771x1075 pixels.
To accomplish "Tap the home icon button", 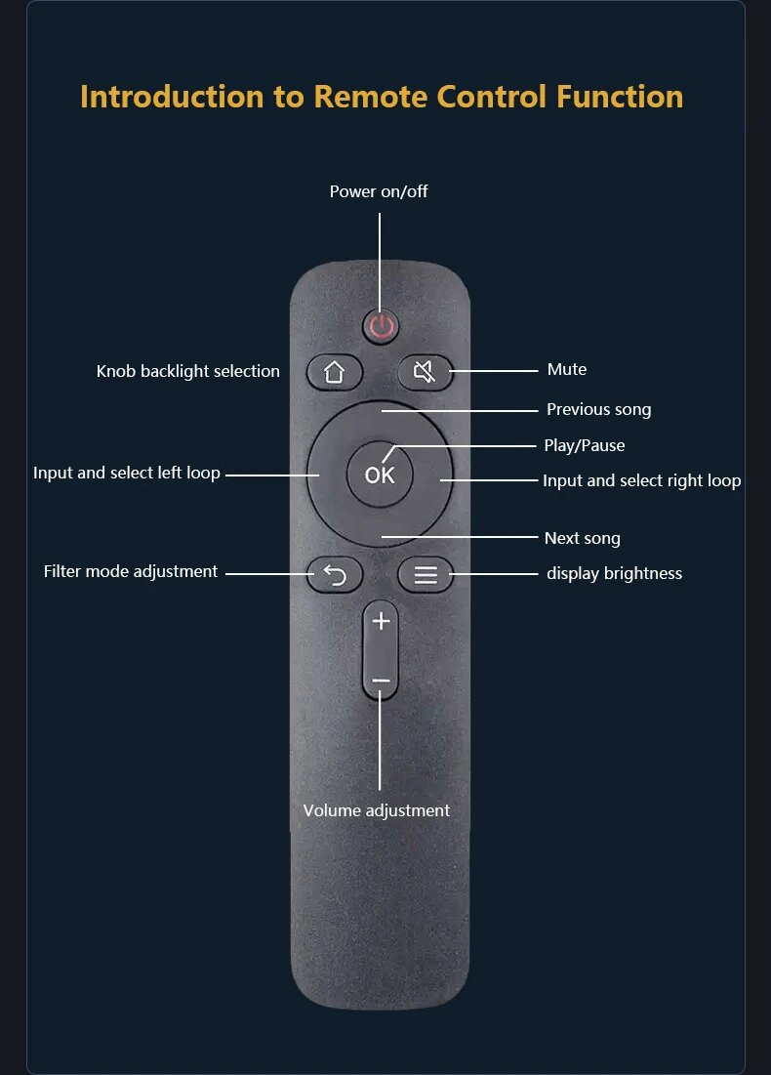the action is tap(335, 372).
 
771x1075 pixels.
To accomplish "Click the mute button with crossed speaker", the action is tap(425, 372).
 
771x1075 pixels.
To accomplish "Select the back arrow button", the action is tap(335, 575).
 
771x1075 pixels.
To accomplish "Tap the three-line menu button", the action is tap(426, 575).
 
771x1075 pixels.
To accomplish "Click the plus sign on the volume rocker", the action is tap(381, 622).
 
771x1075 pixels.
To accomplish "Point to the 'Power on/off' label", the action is tap(379, 191).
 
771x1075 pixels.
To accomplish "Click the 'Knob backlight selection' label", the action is tap(188, 371).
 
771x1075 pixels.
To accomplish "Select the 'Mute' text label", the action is tap(567, 369).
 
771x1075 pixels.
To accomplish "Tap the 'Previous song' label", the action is tap(598, 409).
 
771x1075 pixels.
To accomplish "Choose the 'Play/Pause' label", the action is tap(584, 445).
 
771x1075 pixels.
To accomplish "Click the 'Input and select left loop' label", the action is tap(127, 474).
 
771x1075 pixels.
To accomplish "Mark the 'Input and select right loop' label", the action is tap(641, 480).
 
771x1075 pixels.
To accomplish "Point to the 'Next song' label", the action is tap(582, 538).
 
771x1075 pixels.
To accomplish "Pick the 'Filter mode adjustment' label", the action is tap(131, 571).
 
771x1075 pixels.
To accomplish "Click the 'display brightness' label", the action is tap(614, 573).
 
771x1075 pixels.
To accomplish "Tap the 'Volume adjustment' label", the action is tap(377, 810).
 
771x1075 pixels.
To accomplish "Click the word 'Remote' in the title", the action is tap(372, 97).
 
